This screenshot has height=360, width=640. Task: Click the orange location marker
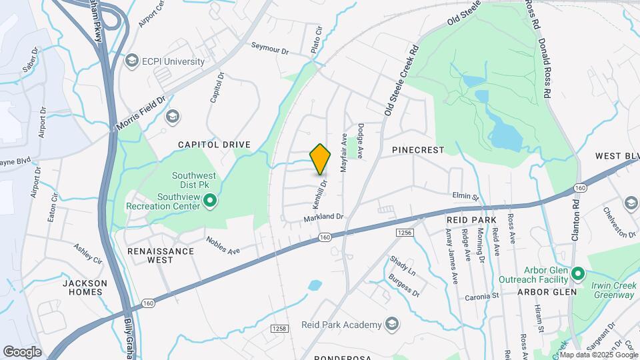pos(321,159)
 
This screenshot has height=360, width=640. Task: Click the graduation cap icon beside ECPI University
pos(131,61)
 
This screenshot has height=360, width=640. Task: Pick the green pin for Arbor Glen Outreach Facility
pos(578,274)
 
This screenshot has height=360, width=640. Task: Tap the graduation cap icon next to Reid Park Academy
pos(392,325)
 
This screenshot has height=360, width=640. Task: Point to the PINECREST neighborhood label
pos(418,150)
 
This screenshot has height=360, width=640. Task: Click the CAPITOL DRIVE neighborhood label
pos(214,144)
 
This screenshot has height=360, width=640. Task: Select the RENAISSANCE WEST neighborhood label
pos(160,255)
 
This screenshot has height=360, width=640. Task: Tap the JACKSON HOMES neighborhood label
pos(85,287)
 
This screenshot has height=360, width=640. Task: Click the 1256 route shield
pos(405,232)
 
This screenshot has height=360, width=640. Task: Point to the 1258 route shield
pos(279,329)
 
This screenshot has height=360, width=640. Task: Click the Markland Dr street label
pos(323,217)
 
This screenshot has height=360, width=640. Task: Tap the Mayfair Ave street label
pos(345,153)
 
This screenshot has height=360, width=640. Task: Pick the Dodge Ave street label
pos(361,141)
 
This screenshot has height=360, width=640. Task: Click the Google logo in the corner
pos(22,351)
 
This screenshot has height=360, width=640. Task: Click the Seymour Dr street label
pos(270,48)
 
